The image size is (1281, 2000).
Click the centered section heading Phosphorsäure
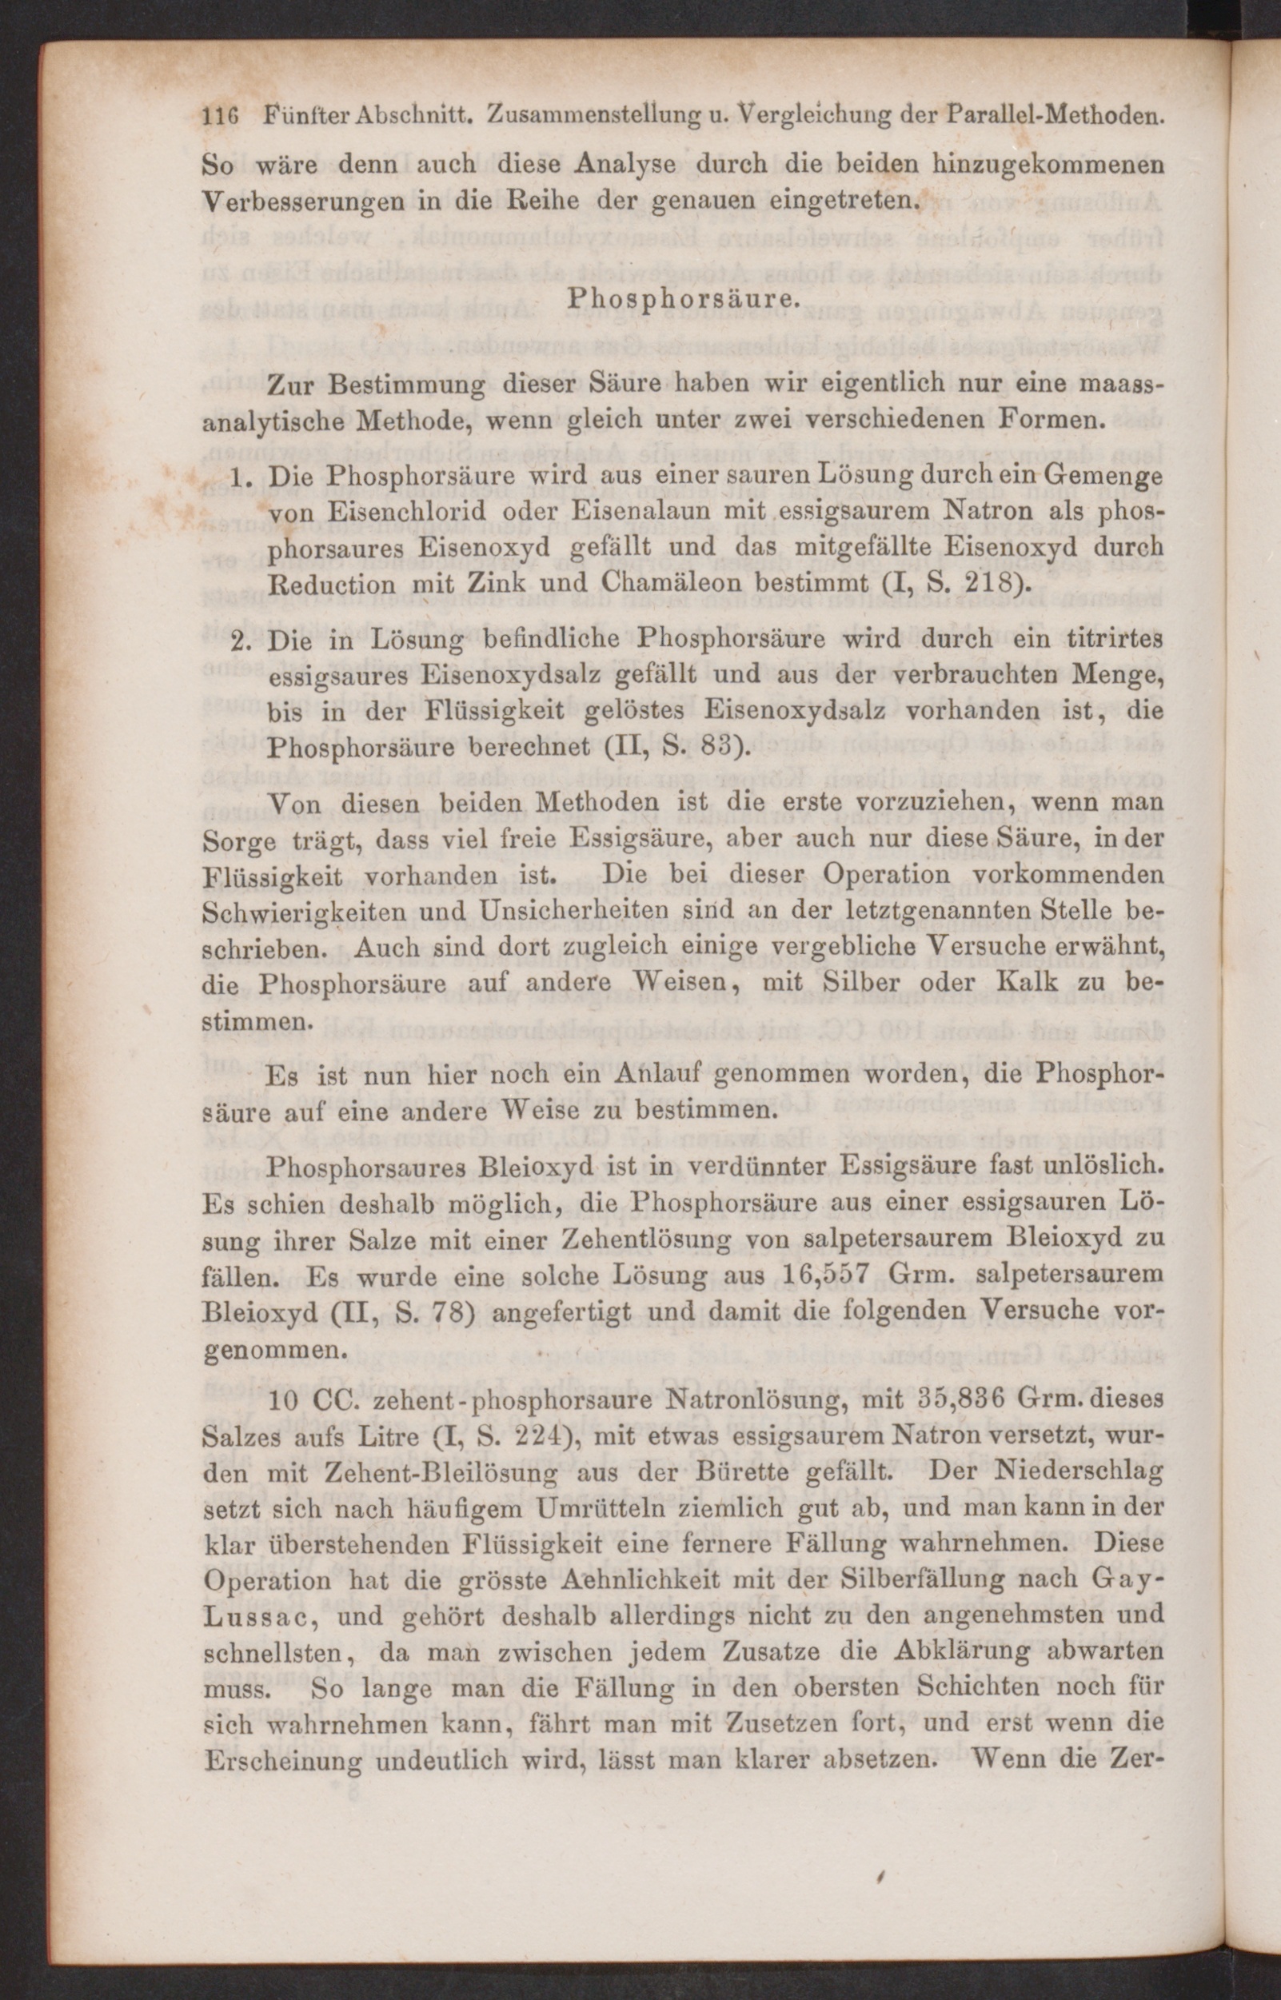680,301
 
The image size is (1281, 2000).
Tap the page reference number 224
514,1435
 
